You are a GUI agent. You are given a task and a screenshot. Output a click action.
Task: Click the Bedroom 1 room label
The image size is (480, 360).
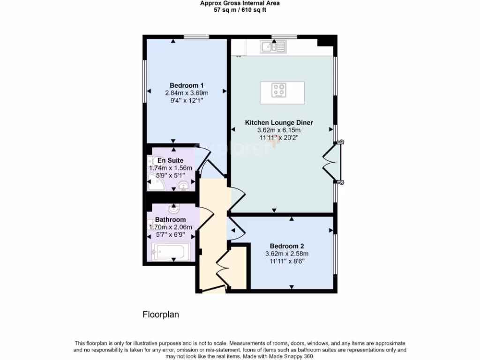click(186, 85)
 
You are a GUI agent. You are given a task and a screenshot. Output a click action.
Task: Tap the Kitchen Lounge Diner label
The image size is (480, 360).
click(279, 122)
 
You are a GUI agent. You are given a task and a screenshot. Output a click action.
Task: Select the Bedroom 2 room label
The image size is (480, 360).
click(287, 246)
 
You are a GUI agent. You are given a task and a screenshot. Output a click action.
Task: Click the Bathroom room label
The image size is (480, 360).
click(170, 219)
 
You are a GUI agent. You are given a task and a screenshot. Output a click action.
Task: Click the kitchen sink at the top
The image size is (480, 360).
click(274, 46)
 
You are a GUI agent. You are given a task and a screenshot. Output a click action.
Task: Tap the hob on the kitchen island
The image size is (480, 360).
click(280, 90)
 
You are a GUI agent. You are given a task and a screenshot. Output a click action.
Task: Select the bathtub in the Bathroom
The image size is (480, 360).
click(171, 252)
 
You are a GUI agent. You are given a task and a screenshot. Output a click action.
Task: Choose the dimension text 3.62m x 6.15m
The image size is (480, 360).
click(279, 130)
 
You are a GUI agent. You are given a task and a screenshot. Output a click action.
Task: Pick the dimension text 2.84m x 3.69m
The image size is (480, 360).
click(186, 93)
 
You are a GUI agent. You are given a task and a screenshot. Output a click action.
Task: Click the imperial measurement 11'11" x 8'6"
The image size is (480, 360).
click(287, 261)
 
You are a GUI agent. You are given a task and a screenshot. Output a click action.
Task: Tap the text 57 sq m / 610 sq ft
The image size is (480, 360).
click(240, 10)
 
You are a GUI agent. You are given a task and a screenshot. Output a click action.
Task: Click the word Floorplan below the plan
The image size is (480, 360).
click(161, 315)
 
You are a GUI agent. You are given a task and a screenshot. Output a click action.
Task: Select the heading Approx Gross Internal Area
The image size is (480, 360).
click(240, 3)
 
